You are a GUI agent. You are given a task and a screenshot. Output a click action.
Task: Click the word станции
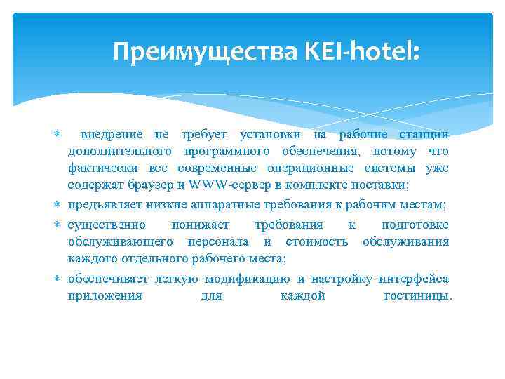click(x=424, y=134)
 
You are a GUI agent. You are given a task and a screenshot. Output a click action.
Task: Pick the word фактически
click(x=104, y=168)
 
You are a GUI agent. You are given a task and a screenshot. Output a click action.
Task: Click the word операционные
click(x=311, y=168)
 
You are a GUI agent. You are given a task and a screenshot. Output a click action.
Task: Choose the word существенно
click(x=107, y=225)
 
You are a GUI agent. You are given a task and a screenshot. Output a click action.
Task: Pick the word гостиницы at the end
click(x=417, y=295)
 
